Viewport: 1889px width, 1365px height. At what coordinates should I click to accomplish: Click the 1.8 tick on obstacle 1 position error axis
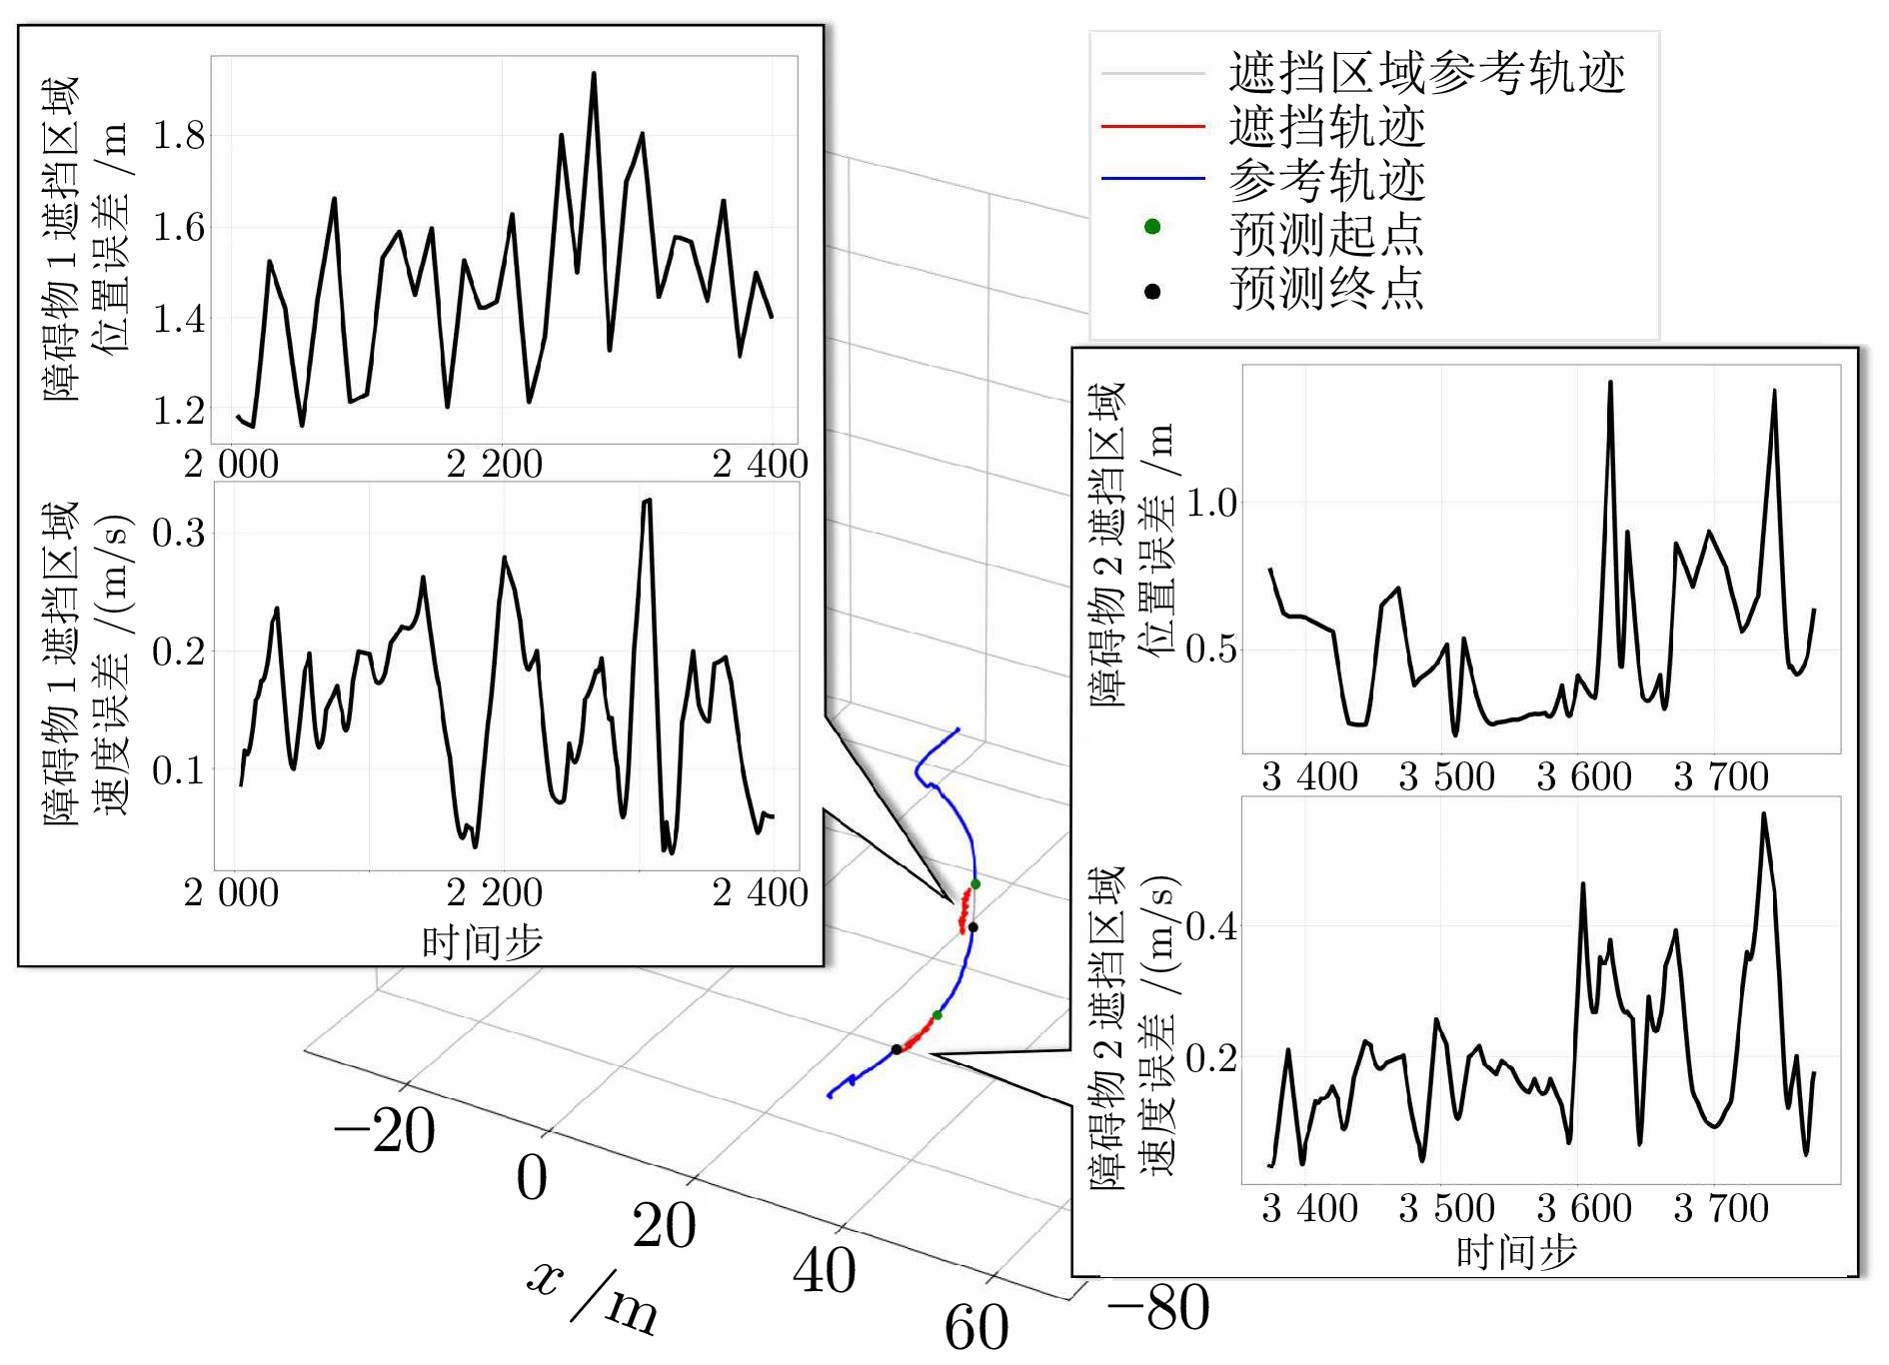(178, 136)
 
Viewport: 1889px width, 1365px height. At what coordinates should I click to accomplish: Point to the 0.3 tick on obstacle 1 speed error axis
(178, 533)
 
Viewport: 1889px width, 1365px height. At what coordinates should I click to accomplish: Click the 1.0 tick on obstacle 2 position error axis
(1211, 504)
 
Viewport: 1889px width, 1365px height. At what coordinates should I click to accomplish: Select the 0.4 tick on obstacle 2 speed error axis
(1211, 926)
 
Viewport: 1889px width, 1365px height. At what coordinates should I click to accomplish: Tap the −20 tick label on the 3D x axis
(385, 1131)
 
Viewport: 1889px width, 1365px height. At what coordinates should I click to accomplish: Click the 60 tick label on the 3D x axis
(976, 1328)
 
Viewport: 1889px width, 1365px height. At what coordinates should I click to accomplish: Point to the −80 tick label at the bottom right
(1158, 1307)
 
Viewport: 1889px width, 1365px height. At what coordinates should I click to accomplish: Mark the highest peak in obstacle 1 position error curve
(594, 73)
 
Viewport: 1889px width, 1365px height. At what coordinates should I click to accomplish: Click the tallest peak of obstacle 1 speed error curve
(647, 501)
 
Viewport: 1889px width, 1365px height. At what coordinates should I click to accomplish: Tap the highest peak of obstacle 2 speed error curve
(1764, 814)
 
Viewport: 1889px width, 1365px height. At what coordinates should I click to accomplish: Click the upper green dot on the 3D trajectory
(975, 884)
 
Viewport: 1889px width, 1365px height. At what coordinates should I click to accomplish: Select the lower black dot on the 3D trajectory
(897, 1049)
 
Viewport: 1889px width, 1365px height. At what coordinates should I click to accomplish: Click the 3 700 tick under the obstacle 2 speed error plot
(1721, 1209)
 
